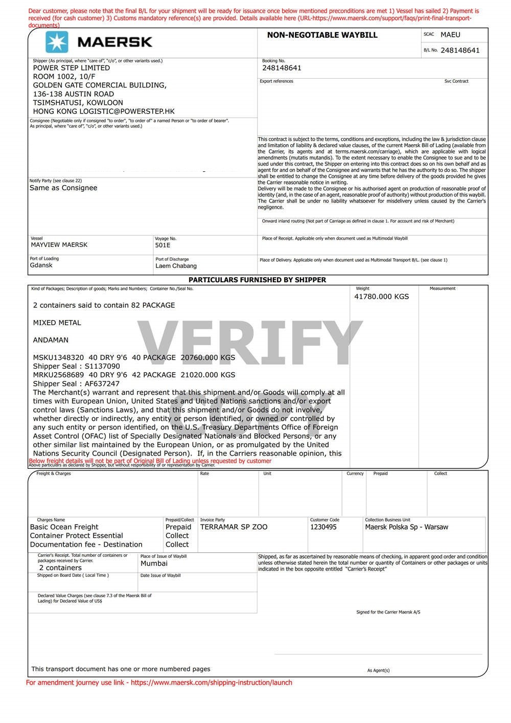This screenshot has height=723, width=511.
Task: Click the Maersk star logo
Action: [57, 42]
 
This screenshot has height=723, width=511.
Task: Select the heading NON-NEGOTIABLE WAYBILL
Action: [322, 35]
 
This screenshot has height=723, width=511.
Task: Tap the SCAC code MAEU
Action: [450, 35]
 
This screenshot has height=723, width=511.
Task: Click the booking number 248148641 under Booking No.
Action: [282, 68]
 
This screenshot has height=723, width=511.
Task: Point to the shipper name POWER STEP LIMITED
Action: [72, 68]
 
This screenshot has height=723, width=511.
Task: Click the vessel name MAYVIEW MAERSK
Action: [59, 245]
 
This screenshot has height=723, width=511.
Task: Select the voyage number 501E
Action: [162, 245]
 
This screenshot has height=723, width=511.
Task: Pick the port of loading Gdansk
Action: [41, 265]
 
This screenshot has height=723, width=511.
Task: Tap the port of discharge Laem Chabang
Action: [176, 266]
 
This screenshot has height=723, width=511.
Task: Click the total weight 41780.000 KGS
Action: [381, 297]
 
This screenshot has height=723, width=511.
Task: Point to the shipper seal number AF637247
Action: [102, 384]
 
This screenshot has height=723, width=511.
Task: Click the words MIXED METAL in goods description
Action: [57, 323]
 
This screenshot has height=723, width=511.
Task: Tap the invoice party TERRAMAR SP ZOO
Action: [234, 527]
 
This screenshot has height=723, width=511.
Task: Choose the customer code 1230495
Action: [323, 527]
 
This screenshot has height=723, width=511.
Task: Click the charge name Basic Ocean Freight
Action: [64, 527]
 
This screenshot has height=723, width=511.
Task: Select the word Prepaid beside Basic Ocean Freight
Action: [178, 527]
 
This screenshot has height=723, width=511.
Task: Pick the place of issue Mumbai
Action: [154, 563]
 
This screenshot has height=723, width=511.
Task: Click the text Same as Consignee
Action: [63, 188]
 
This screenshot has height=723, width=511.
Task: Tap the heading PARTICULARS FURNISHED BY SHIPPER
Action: [257, 280]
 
